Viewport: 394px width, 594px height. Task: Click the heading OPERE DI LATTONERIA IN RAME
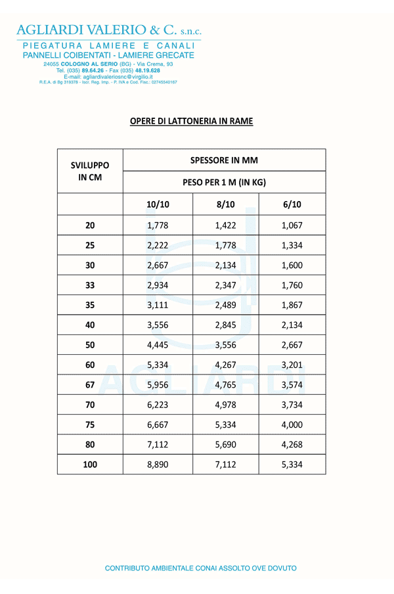click(191, 122)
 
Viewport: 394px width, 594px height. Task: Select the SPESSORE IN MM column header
click(224, 160)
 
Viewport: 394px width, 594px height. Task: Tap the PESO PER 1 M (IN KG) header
click(224, 182)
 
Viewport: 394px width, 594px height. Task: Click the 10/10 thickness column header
click(158, 204)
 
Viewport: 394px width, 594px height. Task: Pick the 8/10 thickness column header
click(225, 204)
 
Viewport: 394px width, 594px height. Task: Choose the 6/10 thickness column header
click(292, 204)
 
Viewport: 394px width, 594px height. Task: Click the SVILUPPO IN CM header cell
click(90, 171)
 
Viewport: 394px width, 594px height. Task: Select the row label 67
click(90, 385)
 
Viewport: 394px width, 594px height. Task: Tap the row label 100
click(90, 465)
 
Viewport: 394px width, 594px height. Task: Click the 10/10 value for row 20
click(158, 225)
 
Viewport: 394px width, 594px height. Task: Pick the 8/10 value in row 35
click(225, 305)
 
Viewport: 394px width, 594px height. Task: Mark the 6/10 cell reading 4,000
click(292, 424)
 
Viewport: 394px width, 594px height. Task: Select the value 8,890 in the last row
click(158, 465)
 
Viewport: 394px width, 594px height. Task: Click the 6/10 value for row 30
click(292, 265)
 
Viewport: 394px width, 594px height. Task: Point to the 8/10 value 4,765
click(225, 385)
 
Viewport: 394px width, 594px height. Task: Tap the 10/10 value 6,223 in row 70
click(158, 405)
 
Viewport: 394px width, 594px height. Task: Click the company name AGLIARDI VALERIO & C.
click(108, 30)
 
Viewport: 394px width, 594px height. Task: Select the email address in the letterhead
click(108, 77)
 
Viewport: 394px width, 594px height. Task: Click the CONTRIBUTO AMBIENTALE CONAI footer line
click(201, 568)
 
